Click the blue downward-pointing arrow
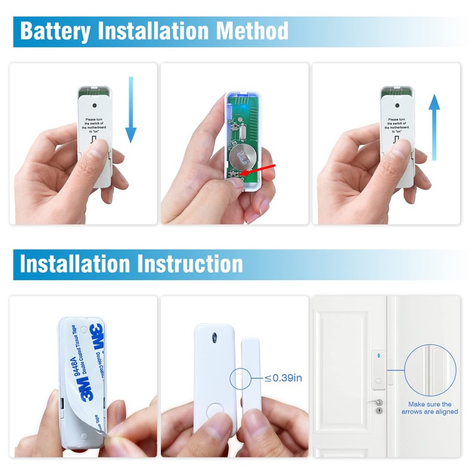coord(131,110)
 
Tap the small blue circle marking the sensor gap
coord(243,377)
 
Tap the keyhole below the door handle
coord(380,411)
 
